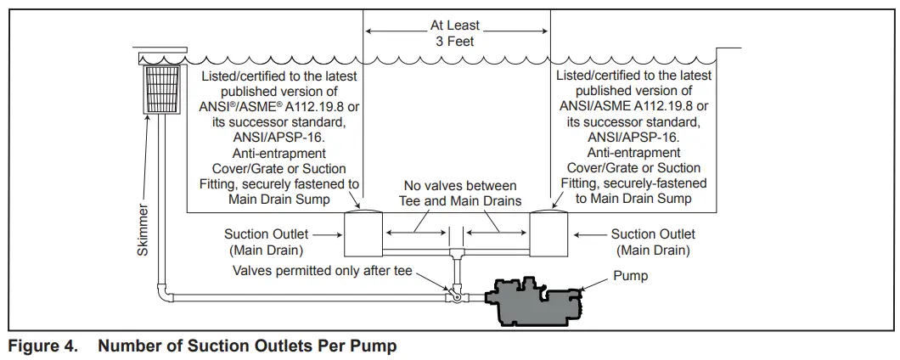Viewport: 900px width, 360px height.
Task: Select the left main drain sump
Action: pyautogui.click(x=363, y=234)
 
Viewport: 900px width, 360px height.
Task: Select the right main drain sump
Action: pyautogui.click(x=552, y=234)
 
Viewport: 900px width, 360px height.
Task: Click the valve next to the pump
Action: pyautogui.click(x=456, y=295)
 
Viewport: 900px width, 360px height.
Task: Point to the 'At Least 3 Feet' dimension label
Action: pyautogui.click(x=457, y=33)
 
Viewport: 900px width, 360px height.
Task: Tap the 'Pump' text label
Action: pyautogui.click(x=630, y=276)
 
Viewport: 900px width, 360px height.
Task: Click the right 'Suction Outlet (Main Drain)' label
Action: pyautogui.click(x=653, y=242)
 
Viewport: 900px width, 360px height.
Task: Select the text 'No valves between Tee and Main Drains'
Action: pyautogui.click(x=460, y=193)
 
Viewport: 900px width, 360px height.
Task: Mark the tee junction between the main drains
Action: pyautogui.click(x=457, y=252)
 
